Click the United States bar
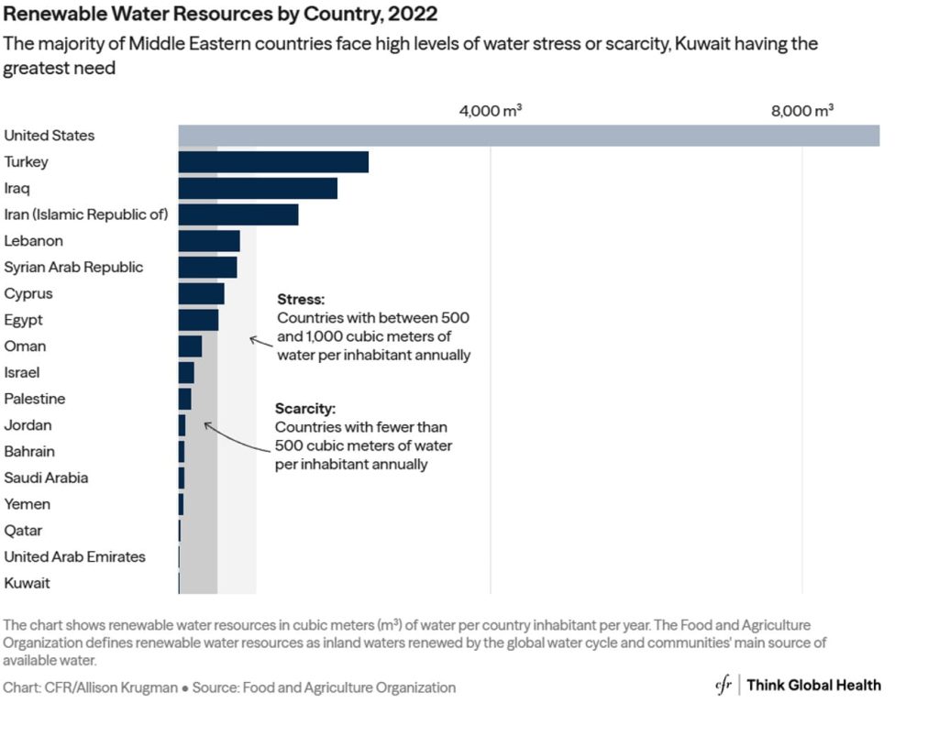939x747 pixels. click(x=528, y=136)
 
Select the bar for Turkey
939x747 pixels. click(x=273, y=162)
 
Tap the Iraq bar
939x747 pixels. click(x=258, y=189)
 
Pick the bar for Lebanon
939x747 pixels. click(x=209, y=241)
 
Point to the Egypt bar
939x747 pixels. click(x=198, y=320)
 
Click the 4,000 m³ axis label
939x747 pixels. click(x=491, y=111)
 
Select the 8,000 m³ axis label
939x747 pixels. click(x=802, y=111)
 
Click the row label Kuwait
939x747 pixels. click(x=28, y=583)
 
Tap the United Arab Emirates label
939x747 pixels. click(x=74, y=556)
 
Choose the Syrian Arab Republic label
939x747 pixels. click(x=73, y=268)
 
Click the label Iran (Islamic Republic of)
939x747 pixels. click(x=86, y=214)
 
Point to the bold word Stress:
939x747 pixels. click(x=301, y=300)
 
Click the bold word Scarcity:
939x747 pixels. click(x=306, y=409)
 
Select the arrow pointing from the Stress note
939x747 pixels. click(x=261, y=342)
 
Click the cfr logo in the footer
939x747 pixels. click(x=724, y=686)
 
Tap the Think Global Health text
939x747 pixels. click(x=813, y=686)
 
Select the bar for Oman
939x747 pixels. click(x=190, y=346)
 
